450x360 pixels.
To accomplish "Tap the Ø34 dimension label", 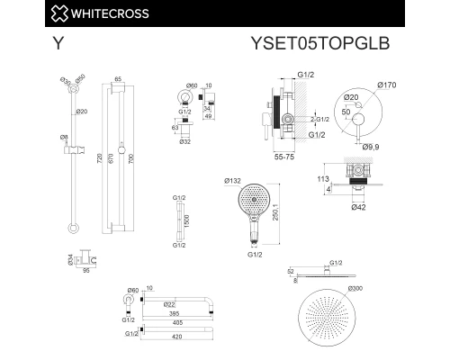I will pyautogui.click(x=71, y=259).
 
